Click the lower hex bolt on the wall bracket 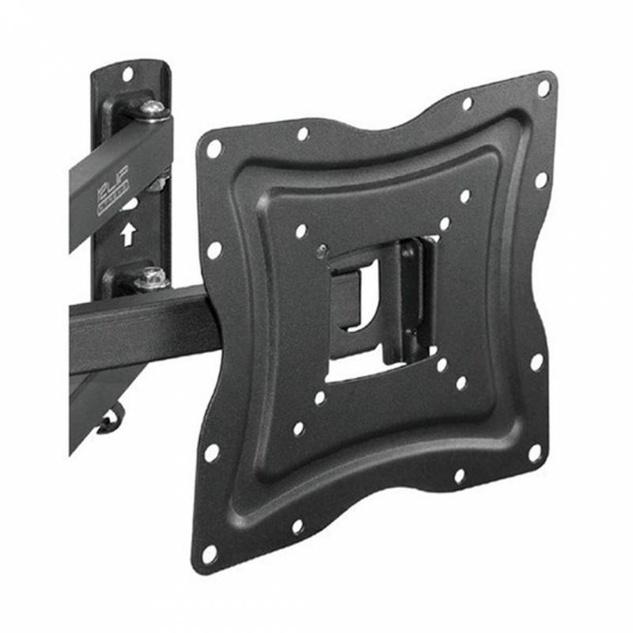pyautogui.click(x=150, y=278)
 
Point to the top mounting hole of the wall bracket pyautogui.click(x=127, y=75)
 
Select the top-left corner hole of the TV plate pyautogui.click(x=214, y=148)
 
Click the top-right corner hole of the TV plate pyautogui.click(x=544, y=88)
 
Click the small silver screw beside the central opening pyautogui.click(x=320, y=252)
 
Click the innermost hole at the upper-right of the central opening pyautogui.click(x=445, y=225)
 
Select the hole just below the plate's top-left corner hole pyautogui.click(x=214, y=250)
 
